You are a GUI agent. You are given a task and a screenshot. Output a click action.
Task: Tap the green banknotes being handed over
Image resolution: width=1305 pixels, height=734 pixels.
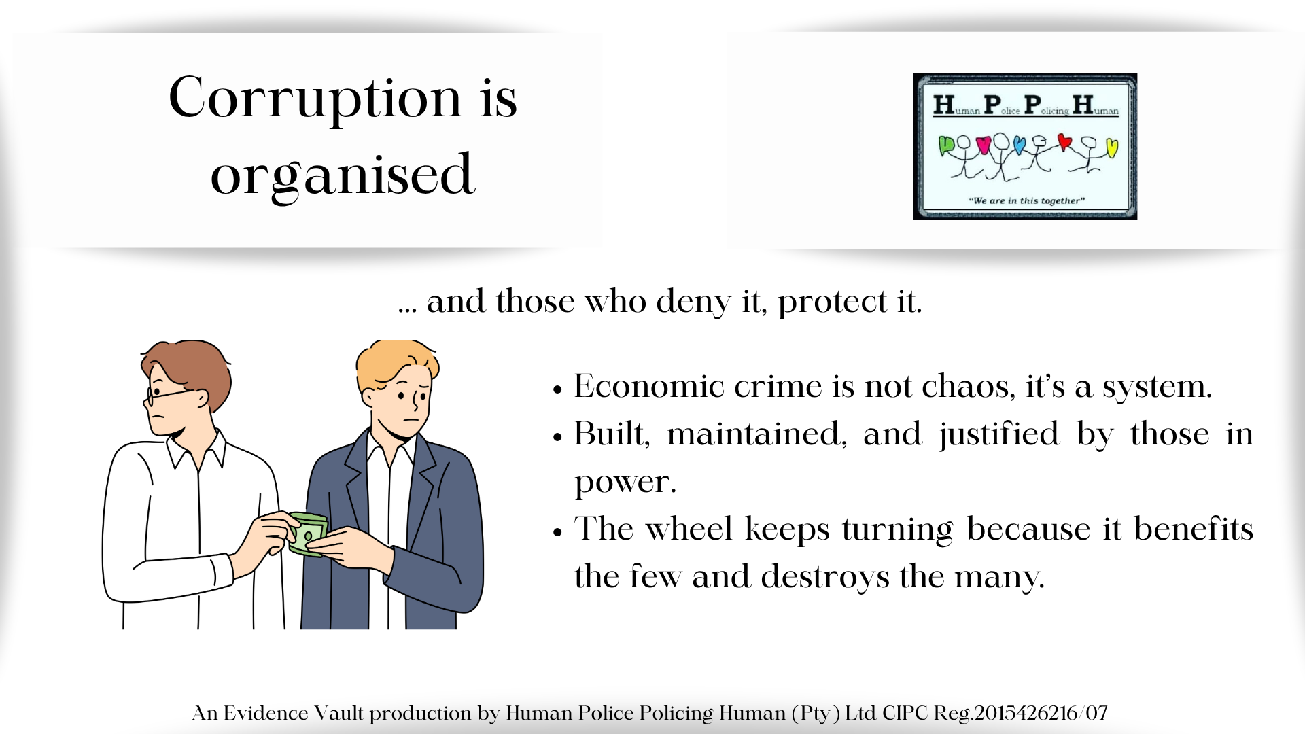309,534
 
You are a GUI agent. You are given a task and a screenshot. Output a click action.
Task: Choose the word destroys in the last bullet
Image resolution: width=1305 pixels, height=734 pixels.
824,578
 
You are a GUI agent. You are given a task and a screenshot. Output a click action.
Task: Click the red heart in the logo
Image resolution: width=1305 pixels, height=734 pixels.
1064,142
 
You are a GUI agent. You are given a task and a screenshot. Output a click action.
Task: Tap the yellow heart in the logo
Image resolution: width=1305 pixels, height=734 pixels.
1112,147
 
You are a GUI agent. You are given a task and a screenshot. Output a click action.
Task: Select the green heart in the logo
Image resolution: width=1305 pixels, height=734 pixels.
945,145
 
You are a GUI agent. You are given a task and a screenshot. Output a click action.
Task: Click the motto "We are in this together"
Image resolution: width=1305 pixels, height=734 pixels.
1026,200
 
